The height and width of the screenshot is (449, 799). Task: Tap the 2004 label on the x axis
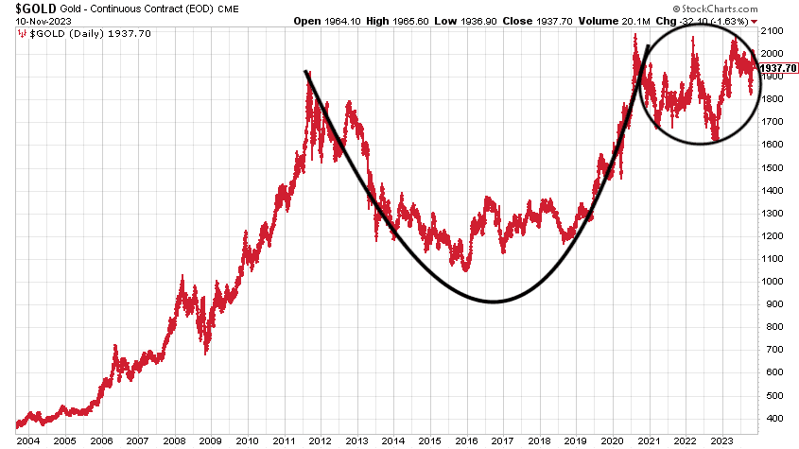click(x=27, y=440)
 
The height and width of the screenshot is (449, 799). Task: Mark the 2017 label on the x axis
click(x=502, y=440)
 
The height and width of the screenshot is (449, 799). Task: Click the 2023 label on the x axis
click(x=721, y=440)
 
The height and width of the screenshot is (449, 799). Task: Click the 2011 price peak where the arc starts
click(x=306, y=72)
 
